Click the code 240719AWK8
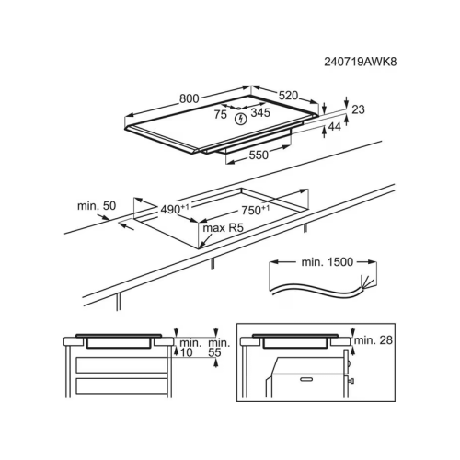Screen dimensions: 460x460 click(x=361, y=62)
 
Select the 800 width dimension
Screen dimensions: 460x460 click(x=190, y=98)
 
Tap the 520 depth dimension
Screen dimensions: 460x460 click(x=288, y=96)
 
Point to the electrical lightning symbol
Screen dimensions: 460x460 click(x=241, y=119)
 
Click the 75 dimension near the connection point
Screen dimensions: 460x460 click(x=220, y=114)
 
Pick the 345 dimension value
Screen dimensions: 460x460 click(x=260, y=113)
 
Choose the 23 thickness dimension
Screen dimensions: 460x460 click(x=358, y=109)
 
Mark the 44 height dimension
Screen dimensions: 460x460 click(x=334, y=127)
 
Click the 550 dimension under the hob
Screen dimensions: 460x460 click(x=259, y=155)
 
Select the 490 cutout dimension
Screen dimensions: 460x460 click(x=175, y=210)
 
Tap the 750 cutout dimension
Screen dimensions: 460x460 click(x=256, y=211)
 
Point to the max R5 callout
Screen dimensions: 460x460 click(x=223, y=228)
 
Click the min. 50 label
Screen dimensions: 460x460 click(x=97, y=206)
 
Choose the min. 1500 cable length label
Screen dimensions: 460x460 click(x=328, y=262)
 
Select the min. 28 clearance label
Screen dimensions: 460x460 click(x=374, y=340)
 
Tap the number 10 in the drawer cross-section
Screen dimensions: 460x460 click(x=186, y=352)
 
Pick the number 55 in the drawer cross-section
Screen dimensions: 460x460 click(x=214, y=352)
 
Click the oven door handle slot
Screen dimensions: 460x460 click(x=307, y=379)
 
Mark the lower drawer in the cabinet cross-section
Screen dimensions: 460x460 click(x=121, y=386)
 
